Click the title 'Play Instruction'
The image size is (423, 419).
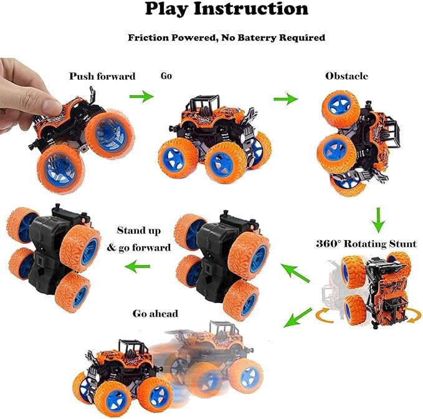[226, 9]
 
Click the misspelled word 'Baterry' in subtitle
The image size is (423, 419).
[261, 37]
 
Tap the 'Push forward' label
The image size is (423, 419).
[102, 77]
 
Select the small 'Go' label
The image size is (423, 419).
[166, 76]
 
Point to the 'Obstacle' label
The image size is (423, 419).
[346, 76]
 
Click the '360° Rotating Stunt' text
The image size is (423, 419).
[366, 243]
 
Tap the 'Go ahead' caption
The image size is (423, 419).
[155, 313]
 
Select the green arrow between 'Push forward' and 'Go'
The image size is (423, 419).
[141, 96]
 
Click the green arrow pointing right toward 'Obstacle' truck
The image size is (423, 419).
[285, 99]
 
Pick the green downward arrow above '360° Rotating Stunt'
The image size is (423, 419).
[377, 219]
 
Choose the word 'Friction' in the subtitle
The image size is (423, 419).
[149, 37]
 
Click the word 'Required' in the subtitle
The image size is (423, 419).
[303, 37]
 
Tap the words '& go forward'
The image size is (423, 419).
[138, 248]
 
